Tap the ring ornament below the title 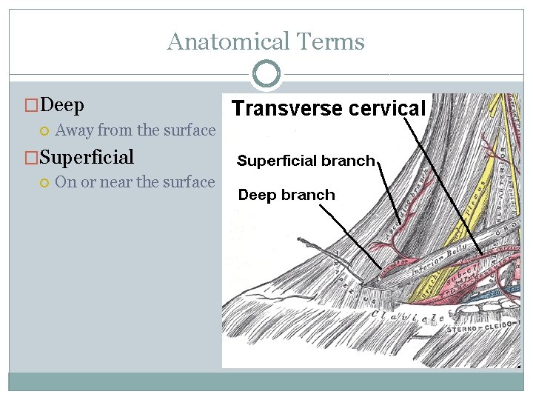tap(266, 74)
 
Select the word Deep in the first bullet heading tap(63, 105)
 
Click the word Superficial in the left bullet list tap(87, 157)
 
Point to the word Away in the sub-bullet tap(74, 130)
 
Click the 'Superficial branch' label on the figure tap(306, 161)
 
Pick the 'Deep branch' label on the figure tap(286, 195)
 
